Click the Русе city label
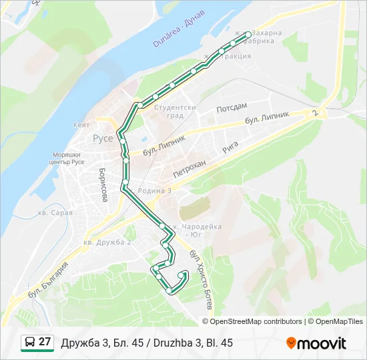102,139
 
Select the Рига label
230,151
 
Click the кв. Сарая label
55,213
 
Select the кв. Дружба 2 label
107,242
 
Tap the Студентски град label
174,111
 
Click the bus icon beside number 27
29,343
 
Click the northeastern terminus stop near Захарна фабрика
248,34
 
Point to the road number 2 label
314,113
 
